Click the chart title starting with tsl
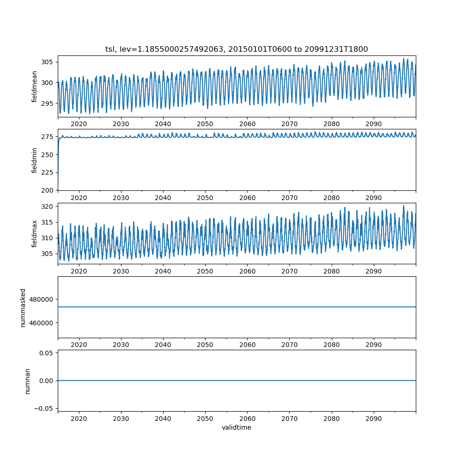coord(237,49)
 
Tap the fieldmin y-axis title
coord(35,160)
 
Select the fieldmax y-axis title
coord(35,234)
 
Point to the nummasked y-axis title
coord(23,308)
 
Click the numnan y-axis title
coord(27,381)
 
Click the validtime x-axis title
coord(237,428)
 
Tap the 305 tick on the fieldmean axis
coord(48,62)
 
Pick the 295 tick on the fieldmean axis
coord(48,103)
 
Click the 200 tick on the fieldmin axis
coord(48,190)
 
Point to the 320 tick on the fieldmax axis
coord(48,207)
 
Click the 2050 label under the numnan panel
coord(205,418)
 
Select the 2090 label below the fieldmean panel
coord(374,124)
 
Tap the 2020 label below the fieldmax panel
coord(79,271)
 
